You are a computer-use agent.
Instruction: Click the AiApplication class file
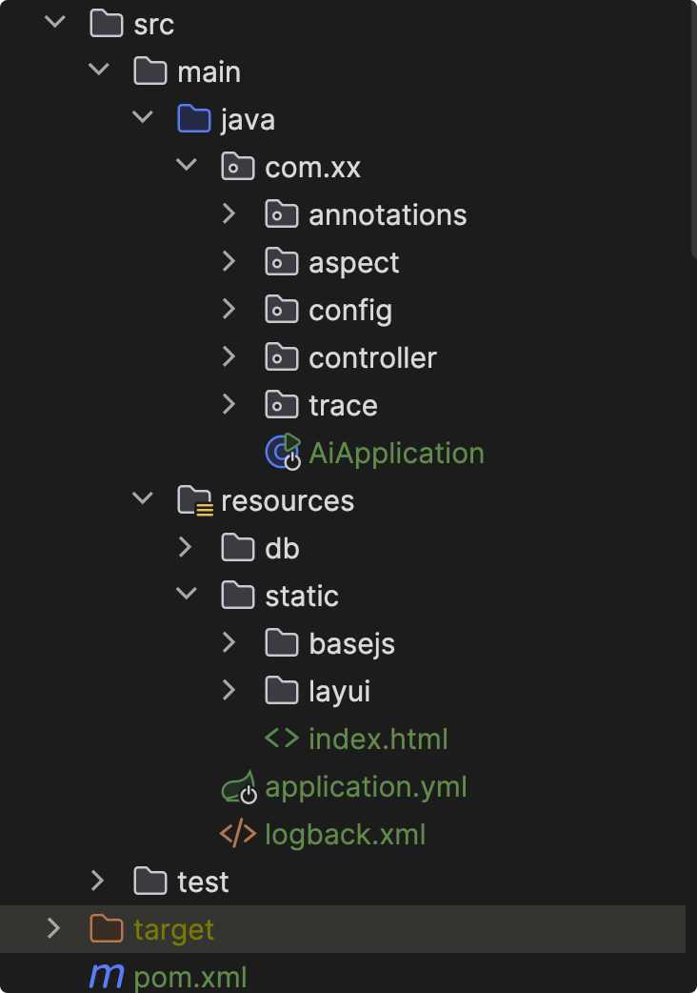396,453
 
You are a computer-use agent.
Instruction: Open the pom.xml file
190,977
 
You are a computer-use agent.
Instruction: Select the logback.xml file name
345,835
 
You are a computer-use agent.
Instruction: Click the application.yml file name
366,787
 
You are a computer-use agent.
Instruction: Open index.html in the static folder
378,739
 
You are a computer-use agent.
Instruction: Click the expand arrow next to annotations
229,214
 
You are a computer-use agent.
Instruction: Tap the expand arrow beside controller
229,357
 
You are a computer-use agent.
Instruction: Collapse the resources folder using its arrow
143,499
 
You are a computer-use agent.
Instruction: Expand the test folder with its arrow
98,881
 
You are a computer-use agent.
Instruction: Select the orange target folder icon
107,929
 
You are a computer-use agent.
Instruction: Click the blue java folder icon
194,119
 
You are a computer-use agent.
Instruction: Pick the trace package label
343,405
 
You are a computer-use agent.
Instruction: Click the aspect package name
354,262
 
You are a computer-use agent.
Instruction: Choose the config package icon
282,310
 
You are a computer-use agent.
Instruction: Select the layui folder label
339,691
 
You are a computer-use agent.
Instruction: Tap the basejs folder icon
282,643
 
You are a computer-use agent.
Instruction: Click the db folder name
282,548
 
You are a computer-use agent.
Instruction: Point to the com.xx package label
312,167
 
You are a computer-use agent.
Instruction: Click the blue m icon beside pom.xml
107,977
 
